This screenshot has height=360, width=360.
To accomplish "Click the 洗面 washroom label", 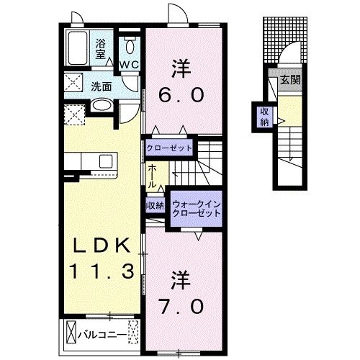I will (102, 86).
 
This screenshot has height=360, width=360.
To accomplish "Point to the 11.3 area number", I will (101, 272).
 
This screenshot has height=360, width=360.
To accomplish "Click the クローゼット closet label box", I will (170, 148).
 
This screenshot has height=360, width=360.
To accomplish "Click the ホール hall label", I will (153, 176).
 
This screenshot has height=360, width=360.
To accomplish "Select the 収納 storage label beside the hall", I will (155, 206).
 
